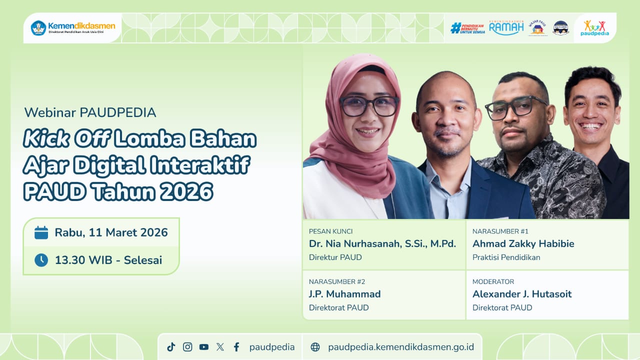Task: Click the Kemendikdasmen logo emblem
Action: (x=38, y=28)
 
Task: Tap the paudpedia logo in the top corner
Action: (x=594, y=28)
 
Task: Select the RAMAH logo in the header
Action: (x=506, y=27)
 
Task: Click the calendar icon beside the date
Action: (x=41, y=232)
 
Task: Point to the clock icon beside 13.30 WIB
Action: (x=41, y=260)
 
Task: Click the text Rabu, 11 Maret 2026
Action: (x=111, y=232)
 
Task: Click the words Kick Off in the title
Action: (x=66, y=139)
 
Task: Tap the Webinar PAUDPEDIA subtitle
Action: (x=90, y=112)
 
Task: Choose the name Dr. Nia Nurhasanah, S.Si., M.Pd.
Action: (x=382, y=244)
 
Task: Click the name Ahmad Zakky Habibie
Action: (x=523, y=244)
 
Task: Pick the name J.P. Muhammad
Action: (x=344, y=294)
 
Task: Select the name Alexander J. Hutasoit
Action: (x=522, y=294)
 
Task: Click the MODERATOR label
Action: (x=493, y=281)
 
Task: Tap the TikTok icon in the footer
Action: (x=171, y=347)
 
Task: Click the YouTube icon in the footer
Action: (x=203, y=347)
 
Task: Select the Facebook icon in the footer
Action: (x=236, y=347)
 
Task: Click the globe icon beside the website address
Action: (x=315, y=347)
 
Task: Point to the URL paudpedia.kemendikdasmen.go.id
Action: (x=401, y=347)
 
